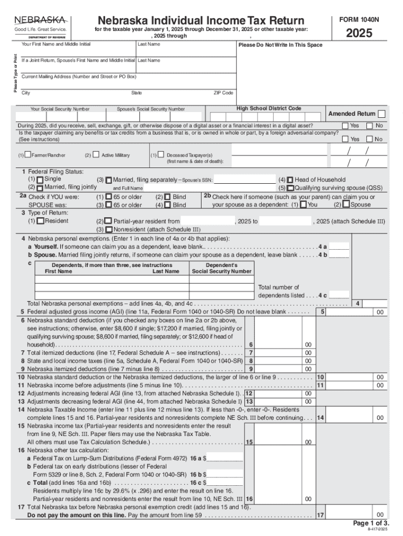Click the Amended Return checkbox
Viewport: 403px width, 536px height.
pos(382,114)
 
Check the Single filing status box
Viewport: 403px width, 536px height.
pos(40,180)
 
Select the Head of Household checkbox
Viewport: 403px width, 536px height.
pos(290,180)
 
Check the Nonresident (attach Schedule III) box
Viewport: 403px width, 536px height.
pos(108,229)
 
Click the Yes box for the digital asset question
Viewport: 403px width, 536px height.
pos(345,126)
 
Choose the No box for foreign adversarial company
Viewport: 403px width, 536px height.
pos(370,139)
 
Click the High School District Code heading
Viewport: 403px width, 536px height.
pos(268,108)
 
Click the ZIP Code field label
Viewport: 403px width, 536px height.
pos(223,93)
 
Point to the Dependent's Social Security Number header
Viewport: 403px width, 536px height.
pos(221,269)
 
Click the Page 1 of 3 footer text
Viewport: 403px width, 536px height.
pos(371,523)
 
